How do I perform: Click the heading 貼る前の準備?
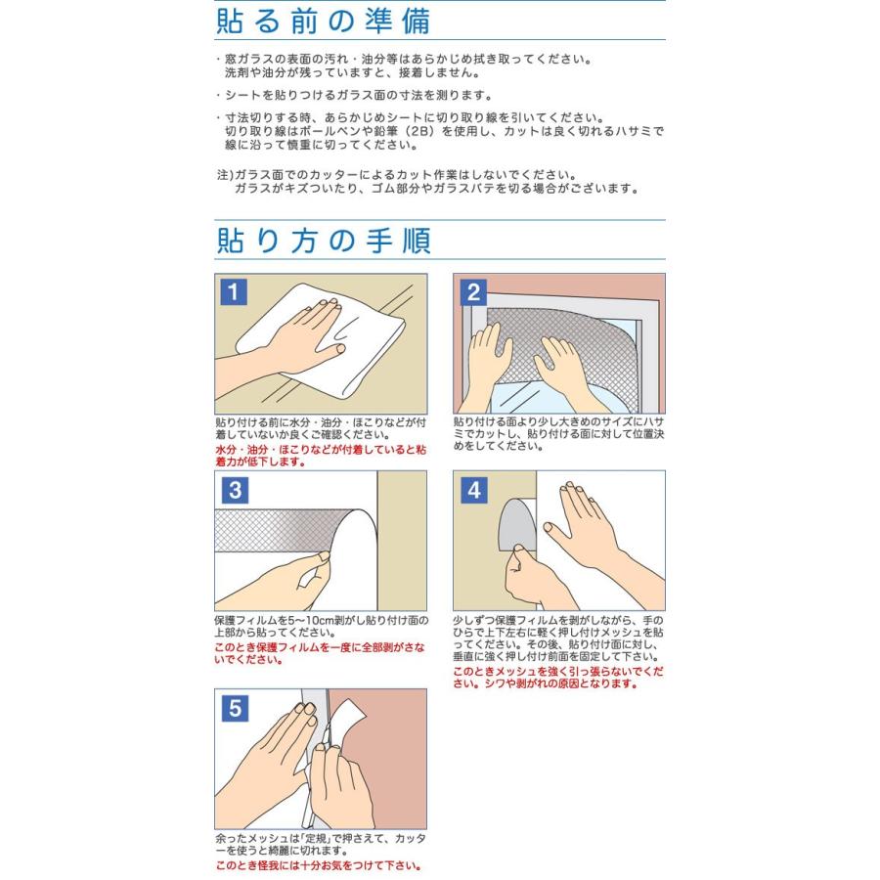tap(324, 21)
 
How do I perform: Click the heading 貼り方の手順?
tap(324, 241)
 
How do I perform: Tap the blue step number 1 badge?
tap(234, 291)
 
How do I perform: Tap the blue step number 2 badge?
tap(473, 291)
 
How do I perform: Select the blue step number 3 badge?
tap(235, 490)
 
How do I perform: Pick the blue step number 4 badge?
tap(474, 490)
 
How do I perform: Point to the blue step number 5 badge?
tap(235, 708)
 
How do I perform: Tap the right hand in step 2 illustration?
tap(561, 371)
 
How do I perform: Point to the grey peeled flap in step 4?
tap(517, 525)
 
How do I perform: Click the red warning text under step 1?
tap(321, 456)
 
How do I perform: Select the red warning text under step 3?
tap(320, 653)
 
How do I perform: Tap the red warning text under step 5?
tap(318, 865)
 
